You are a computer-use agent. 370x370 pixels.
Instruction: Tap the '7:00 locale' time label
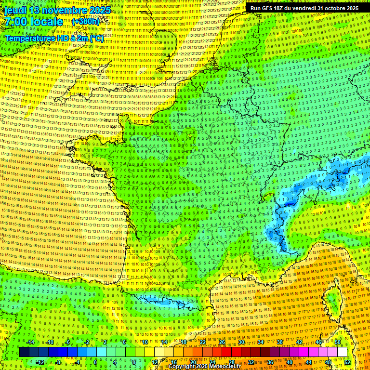coord(34,22)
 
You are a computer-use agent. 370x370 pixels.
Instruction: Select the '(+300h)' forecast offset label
coord(86,22)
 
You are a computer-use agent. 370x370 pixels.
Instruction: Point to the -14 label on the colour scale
coord(30,342)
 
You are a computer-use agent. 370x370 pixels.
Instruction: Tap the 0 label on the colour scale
coord(95,362)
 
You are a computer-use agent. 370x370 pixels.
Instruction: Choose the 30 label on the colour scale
coord(241,342)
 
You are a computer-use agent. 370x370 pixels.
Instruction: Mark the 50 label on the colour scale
coord(338,342)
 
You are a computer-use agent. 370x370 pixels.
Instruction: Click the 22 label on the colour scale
coord(203,342)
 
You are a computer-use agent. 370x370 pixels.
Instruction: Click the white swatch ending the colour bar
coord(342,352)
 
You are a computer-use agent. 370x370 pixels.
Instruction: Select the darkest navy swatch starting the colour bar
coord(24,352)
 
